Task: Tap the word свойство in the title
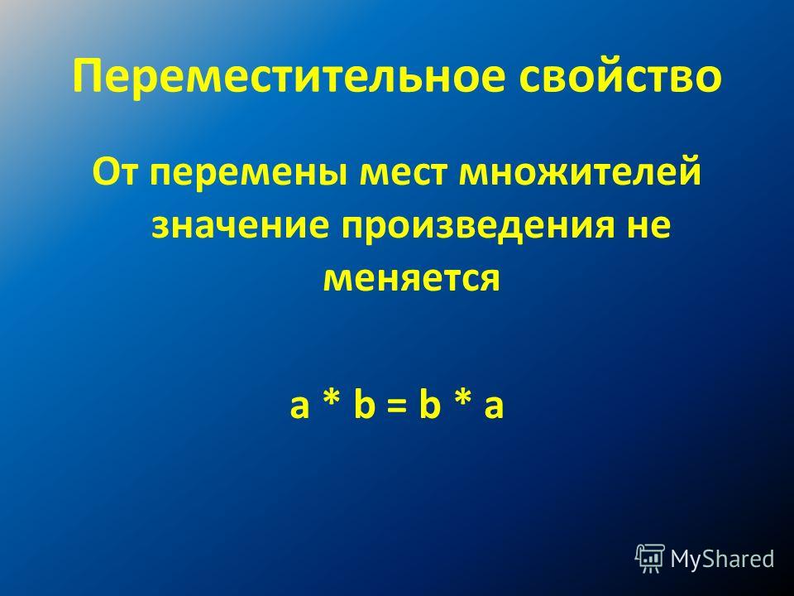click(x=620, y=76)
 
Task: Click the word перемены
click(x=247, y=176)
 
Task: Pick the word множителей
click(x=580, y=172)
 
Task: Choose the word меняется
click(x=411, y=279)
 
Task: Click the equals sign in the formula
click(x=397, y=407)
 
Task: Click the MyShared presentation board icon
click(x=650, y=559)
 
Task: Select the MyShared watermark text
click(x=722, y=559)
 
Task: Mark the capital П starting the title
click(x=88, y=76)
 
